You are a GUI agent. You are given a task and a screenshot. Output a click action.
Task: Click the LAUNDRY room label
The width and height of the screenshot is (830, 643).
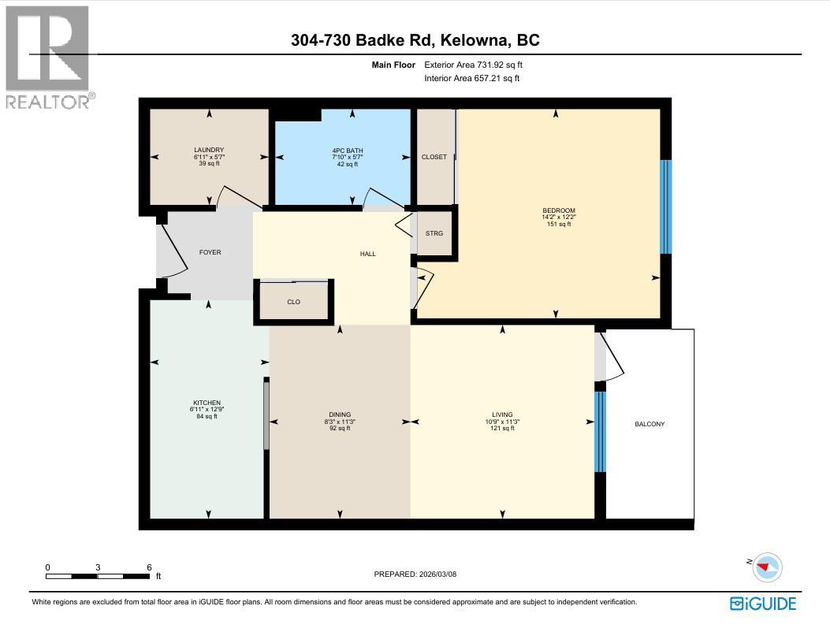(x=210, y=150)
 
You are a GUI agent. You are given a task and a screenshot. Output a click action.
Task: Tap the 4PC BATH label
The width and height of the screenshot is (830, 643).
(x=347, y=150)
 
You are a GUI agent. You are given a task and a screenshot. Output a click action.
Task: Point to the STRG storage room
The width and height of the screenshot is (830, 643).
(x=434, y=233)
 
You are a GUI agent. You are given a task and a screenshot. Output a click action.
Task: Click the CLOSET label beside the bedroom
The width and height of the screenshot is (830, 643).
(x=434, y=157)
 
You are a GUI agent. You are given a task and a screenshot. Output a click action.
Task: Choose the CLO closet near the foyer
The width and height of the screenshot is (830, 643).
(x=293, y=302)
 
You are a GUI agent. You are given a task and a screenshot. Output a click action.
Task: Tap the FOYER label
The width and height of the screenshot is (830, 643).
(x=210, y=252)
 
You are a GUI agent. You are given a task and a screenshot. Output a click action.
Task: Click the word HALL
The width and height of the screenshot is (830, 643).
(x=367, y=254)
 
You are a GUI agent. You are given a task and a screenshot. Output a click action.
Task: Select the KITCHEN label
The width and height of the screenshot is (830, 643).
(x=208, y=403)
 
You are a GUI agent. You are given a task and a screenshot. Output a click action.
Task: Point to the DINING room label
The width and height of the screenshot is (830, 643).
(x=340, y=414)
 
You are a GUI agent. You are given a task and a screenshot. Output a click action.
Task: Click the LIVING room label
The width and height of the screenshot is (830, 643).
(x=502, y=414)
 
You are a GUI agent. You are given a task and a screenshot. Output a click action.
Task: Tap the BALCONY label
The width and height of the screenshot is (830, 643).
(x=649, y=424)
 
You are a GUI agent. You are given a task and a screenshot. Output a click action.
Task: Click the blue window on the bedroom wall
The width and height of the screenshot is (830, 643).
(x=665, y=206)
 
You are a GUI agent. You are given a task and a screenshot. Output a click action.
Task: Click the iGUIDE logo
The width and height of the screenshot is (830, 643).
(x=762, y=604)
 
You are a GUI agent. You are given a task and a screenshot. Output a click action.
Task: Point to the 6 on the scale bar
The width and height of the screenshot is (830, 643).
(x=148, y=567)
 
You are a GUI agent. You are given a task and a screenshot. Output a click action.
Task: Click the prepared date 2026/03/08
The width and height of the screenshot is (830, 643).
(x=437, y=574)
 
